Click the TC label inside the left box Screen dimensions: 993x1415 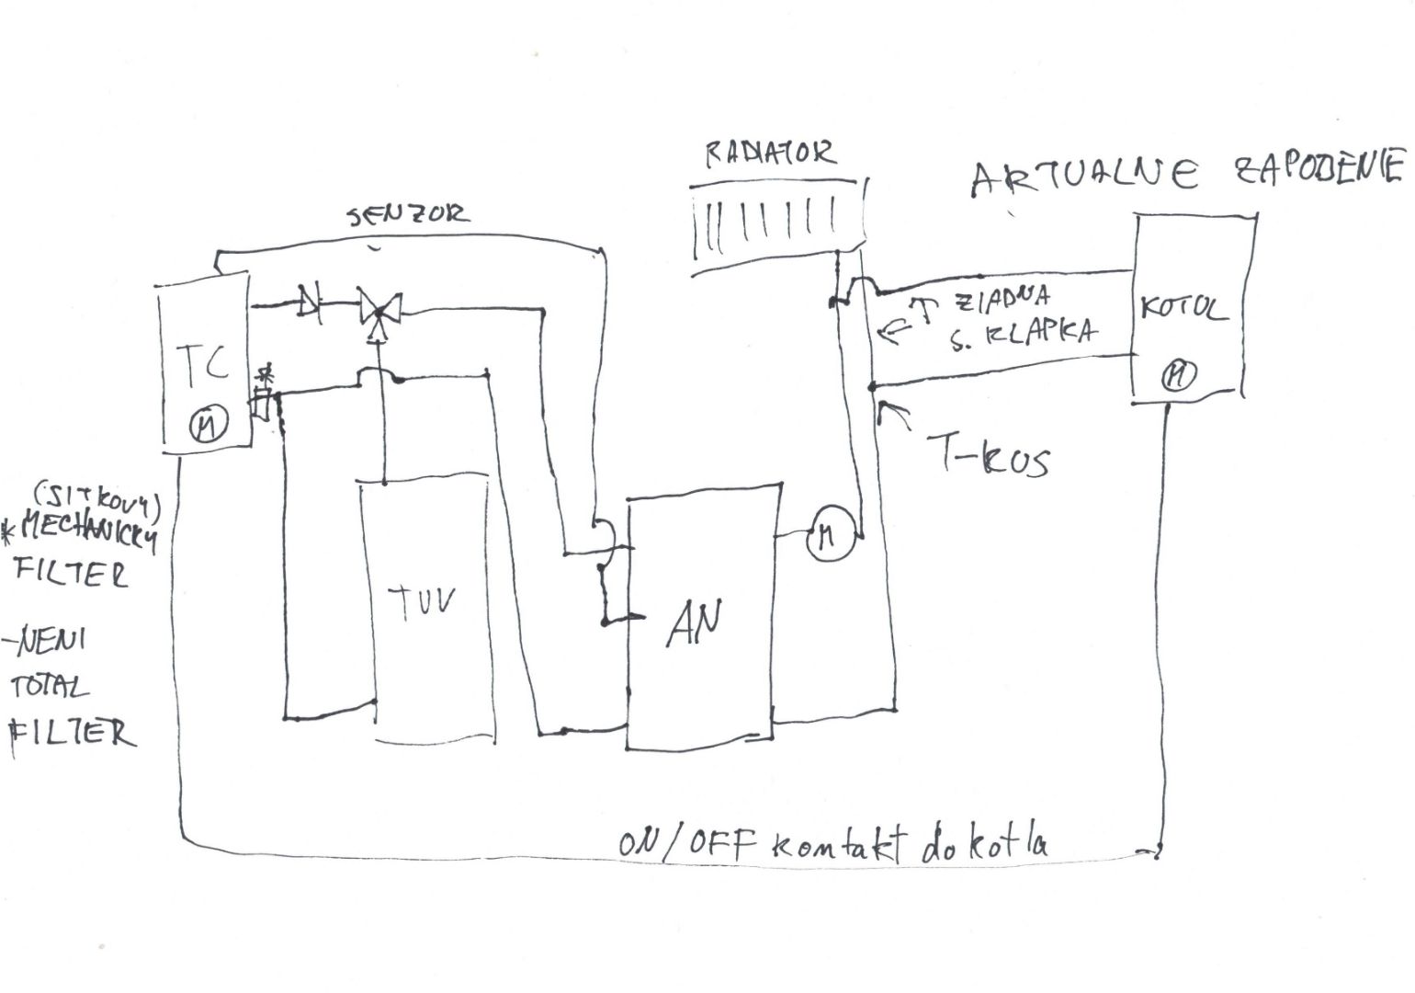click(207, 365)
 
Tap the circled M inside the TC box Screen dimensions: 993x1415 click(206, 425)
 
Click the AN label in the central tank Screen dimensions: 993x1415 click(694, 625)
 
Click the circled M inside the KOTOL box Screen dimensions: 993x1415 click(1178, 374)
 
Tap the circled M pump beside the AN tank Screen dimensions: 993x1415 click(831, 536)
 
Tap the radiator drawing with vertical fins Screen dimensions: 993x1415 click(776, 223)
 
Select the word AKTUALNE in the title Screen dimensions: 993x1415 click(1084, 177)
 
